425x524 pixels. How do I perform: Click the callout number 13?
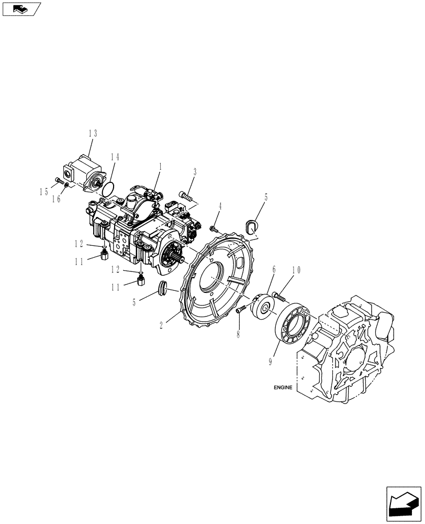[93, 134]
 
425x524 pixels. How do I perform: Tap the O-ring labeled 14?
[108, 187]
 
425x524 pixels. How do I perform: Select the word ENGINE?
[283, 388]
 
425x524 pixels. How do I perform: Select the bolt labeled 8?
[241, 310]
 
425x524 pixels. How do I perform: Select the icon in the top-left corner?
[21, 8]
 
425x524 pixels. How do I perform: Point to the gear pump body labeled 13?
[84, 169]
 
